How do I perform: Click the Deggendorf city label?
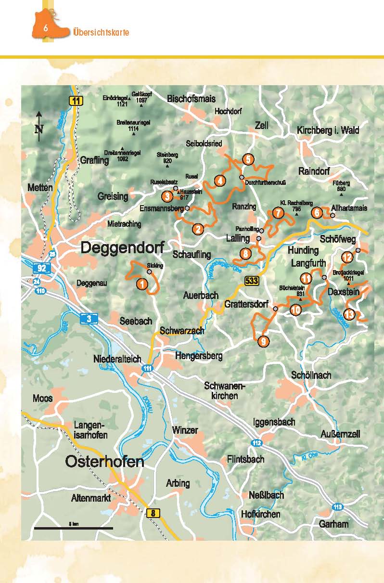click(x=122, y=248)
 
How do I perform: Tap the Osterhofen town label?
click(x=104, y=462)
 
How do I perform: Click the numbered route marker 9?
click(x=263, y=341)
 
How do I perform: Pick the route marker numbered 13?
click(x=350, y=314)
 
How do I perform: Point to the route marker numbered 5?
click(x=248, y=159)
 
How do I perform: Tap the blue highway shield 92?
click(x=41, y=268)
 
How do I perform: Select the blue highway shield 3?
click(x=90, y=318)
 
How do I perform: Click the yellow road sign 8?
click(x=153, y=513)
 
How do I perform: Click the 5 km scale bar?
click(x=73, y=528)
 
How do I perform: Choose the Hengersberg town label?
click(x=199, y=356)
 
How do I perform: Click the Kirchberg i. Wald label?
click(x=328, y=130)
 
